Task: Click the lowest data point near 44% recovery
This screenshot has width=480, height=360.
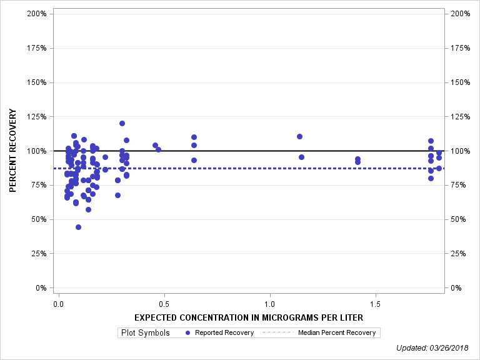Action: [78, 227]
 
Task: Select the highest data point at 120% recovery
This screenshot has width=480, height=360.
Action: [122, 123]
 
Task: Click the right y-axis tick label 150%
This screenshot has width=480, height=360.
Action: [460, 82]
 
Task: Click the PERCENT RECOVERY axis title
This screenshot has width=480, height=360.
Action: [12, 151]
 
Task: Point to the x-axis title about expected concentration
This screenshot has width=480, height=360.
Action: [249, 317]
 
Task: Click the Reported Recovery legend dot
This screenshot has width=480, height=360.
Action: [189, 332]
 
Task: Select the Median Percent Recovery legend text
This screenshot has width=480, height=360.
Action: [337, 332]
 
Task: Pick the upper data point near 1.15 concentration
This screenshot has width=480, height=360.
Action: [299, 136]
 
